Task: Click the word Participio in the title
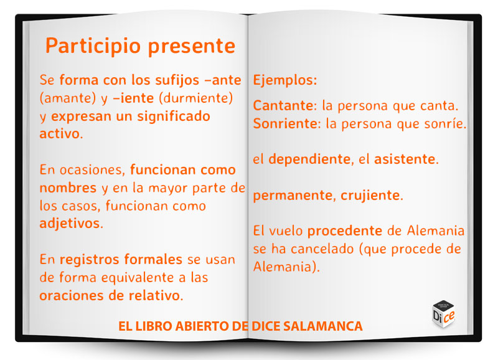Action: click(x=93, y=46)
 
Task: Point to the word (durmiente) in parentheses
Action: click(x=196, y=98)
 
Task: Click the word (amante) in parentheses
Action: click(x=68, y=98)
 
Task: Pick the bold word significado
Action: click(x=174, y=116)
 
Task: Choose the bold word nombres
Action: click(x=68, y=187)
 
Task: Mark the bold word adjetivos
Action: click(x=70, y=224)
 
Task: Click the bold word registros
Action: click(x=89, y=260)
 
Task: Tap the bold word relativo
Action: click(x=154, y=295)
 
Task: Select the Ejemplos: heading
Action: click(x=285, y=80)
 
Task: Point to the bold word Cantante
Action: click(x=283, y=105)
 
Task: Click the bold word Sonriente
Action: click(x=285, y=123)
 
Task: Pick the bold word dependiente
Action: click(x=309, y=159)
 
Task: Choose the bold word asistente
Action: click(x=405, y=159)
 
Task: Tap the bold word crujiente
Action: click(x=370, y=196)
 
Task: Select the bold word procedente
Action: click(x=345, y=231)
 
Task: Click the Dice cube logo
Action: click(x=444, y=313)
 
